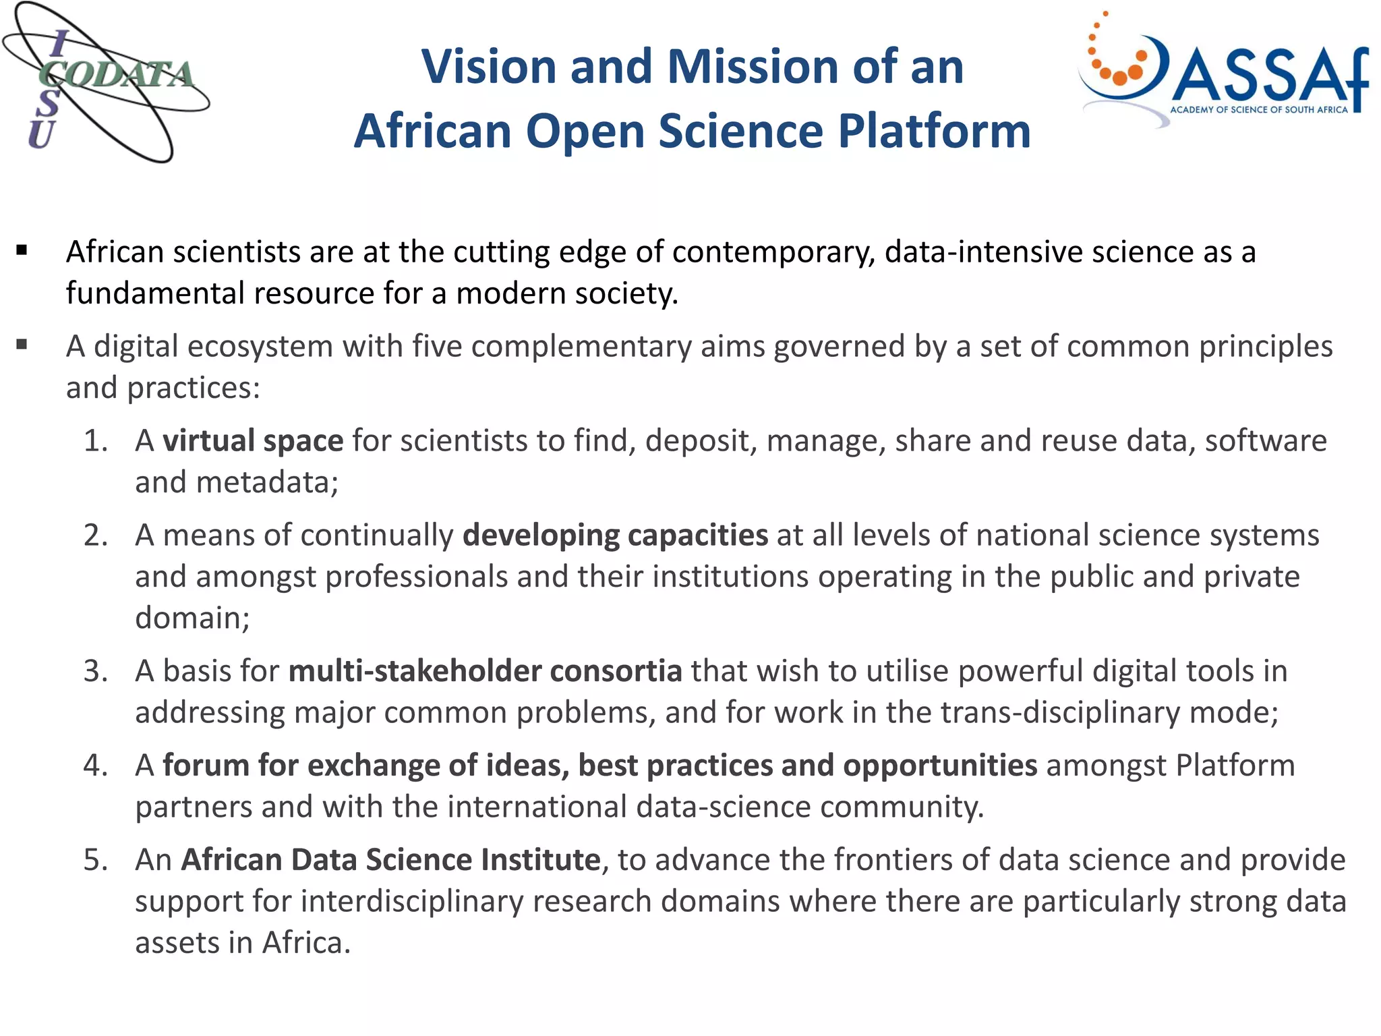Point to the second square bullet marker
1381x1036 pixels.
click(22, 345)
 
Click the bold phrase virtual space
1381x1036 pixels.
click(253, 440)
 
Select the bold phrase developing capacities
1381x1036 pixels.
click(615, 535)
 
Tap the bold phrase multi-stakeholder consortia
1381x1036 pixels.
click(485, 671)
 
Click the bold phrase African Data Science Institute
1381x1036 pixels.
click(390, 860)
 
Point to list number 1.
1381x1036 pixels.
click(95, 441)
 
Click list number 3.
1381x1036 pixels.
click(95, 672)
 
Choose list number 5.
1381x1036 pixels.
click(95, 861)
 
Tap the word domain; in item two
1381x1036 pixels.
click(192, 618)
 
